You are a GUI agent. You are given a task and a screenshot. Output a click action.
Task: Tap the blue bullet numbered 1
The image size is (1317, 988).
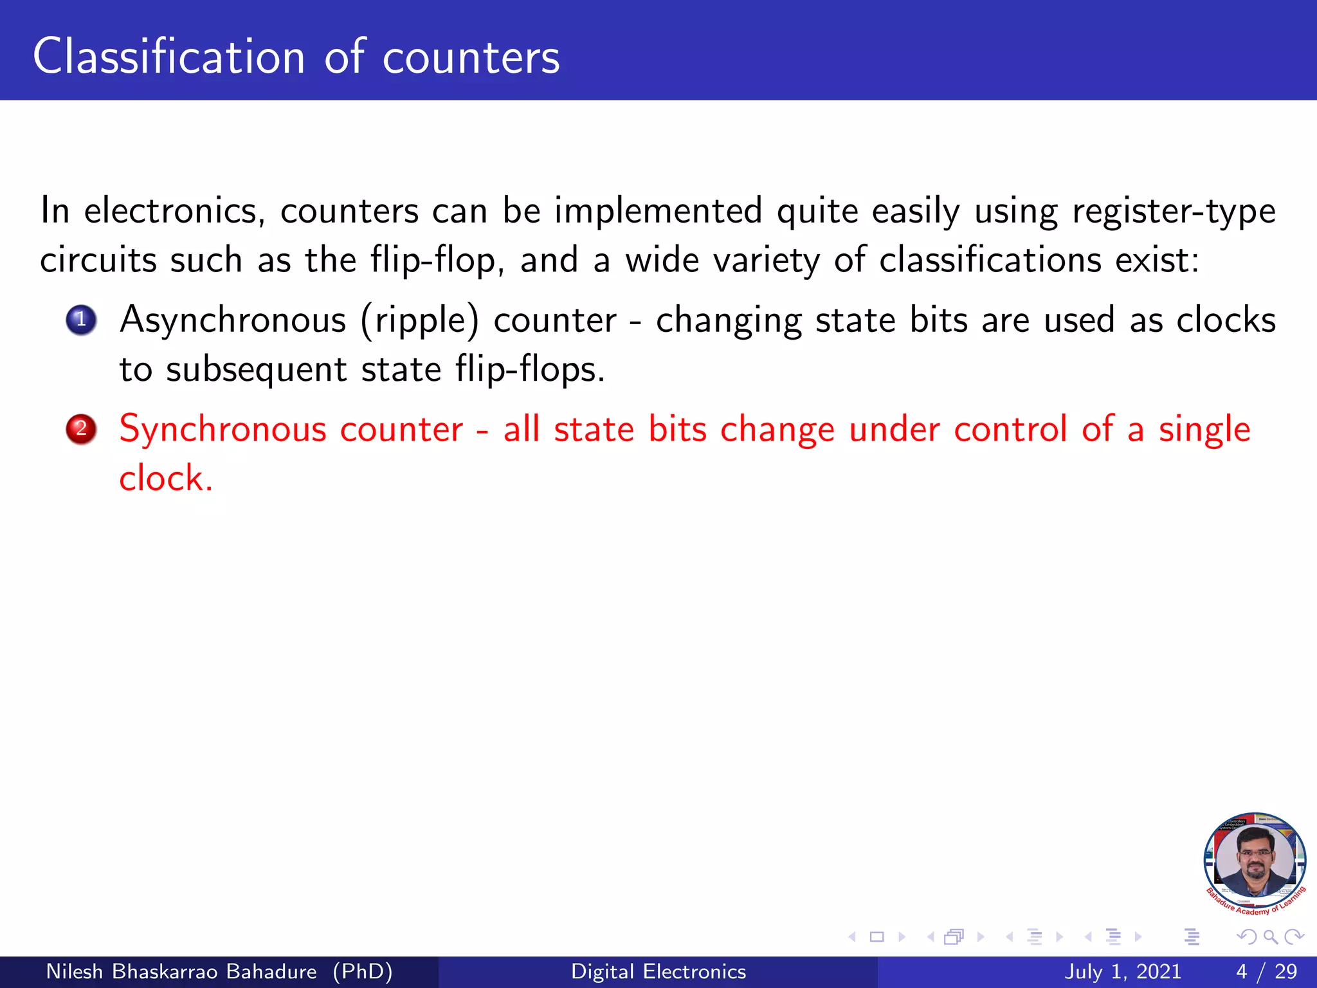pos(81,320)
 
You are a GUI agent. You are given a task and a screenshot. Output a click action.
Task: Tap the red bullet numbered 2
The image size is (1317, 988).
pos(81,428)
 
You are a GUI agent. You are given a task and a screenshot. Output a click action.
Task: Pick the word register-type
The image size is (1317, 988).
pos(1174,211)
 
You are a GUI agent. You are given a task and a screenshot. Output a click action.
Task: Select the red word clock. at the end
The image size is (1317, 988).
pos(166,479)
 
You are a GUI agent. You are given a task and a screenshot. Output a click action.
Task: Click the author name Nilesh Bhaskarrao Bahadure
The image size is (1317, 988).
pos(181,971)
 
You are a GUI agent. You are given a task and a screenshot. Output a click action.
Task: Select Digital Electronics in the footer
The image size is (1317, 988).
pos(658,971)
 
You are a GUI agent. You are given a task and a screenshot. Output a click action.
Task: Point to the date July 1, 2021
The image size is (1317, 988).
pos(1123,971)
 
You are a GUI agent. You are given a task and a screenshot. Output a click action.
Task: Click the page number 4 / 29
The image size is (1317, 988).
pos(1266,971)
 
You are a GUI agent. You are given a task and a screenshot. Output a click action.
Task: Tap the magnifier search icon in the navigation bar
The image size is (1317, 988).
pos(1270,937)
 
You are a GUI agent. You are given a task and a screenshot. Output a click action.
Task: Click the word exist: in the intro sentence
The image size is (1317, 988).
pos(1157,261)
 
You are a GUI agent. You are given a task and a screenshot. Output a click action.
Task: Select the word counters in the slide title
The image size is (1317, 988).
pos(471,58)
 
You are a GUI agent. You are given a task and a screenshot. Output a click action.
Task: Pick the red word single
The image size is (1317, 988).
pos(1204,430)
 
